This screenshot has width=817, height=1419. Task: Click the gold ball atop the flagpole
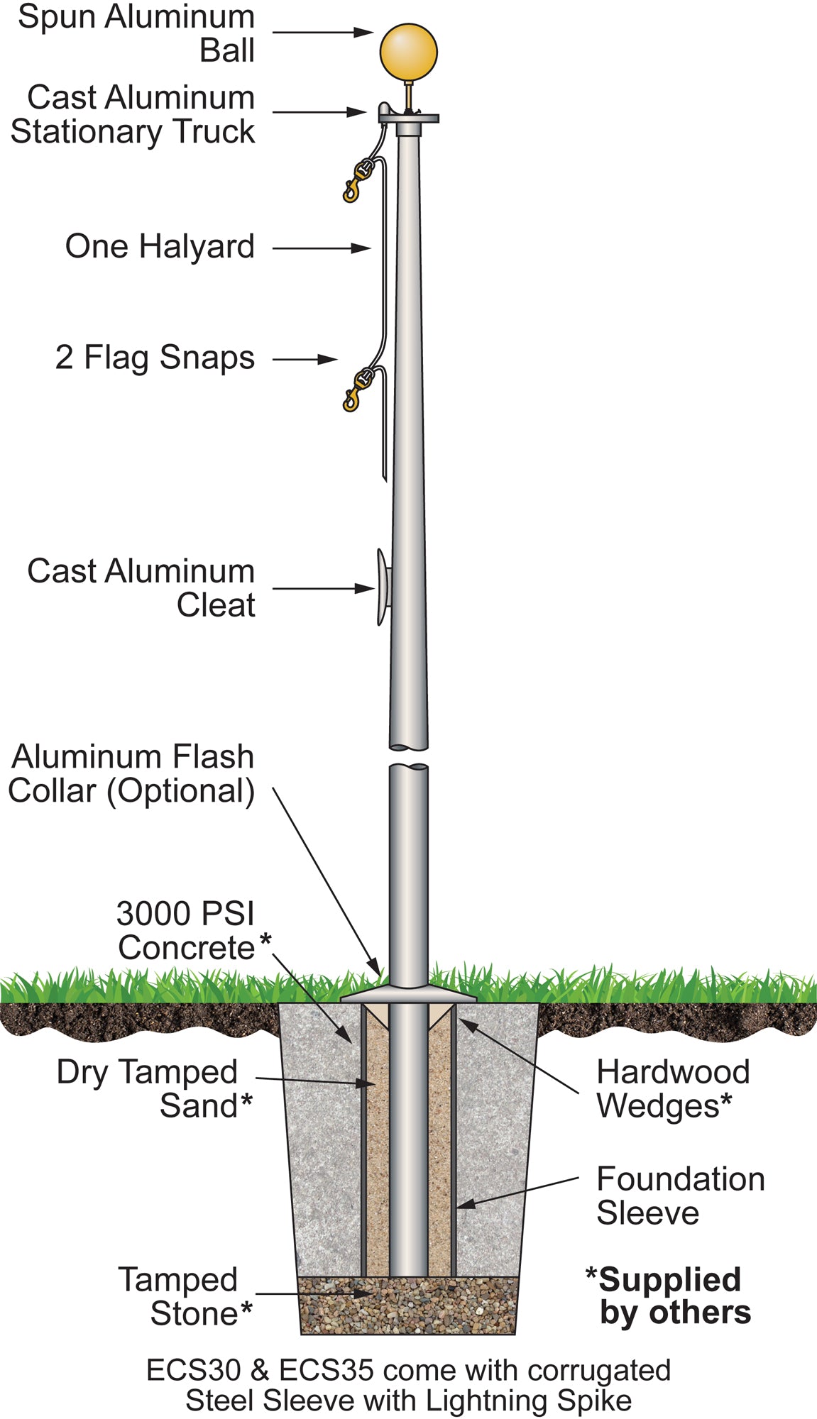click(x=408, y=52)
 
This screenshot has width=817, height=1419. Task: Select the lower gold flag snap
click(x=357, y=388)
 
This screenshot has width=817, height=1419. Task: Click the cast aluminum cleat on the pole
click(x=383, y=587)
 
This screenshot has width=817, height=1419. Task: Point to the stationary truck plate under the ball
click(x=409, y=118)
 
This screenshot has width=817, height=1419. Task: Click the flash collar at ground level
click(x=408, y=995)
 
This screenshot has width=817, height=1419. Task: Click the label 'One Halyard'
click(x=160, y=247)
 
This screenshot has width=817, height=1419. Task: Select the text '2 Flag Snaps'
click(x=155, y=358)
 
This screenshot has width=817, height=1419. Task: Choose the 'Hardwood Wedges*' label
click(x=672, y=1089)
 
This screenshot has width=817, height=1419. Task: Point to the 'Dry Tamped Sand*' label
click(x=153, y=1089)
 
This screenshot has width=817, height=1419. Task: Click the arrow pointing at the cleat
click(x=323, y=588)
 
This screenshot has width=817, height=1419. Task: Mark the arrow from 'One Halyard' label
click(x=322, y=248)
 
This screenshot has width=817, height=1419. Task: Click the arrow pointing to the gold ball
click(x=323, y=32)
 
